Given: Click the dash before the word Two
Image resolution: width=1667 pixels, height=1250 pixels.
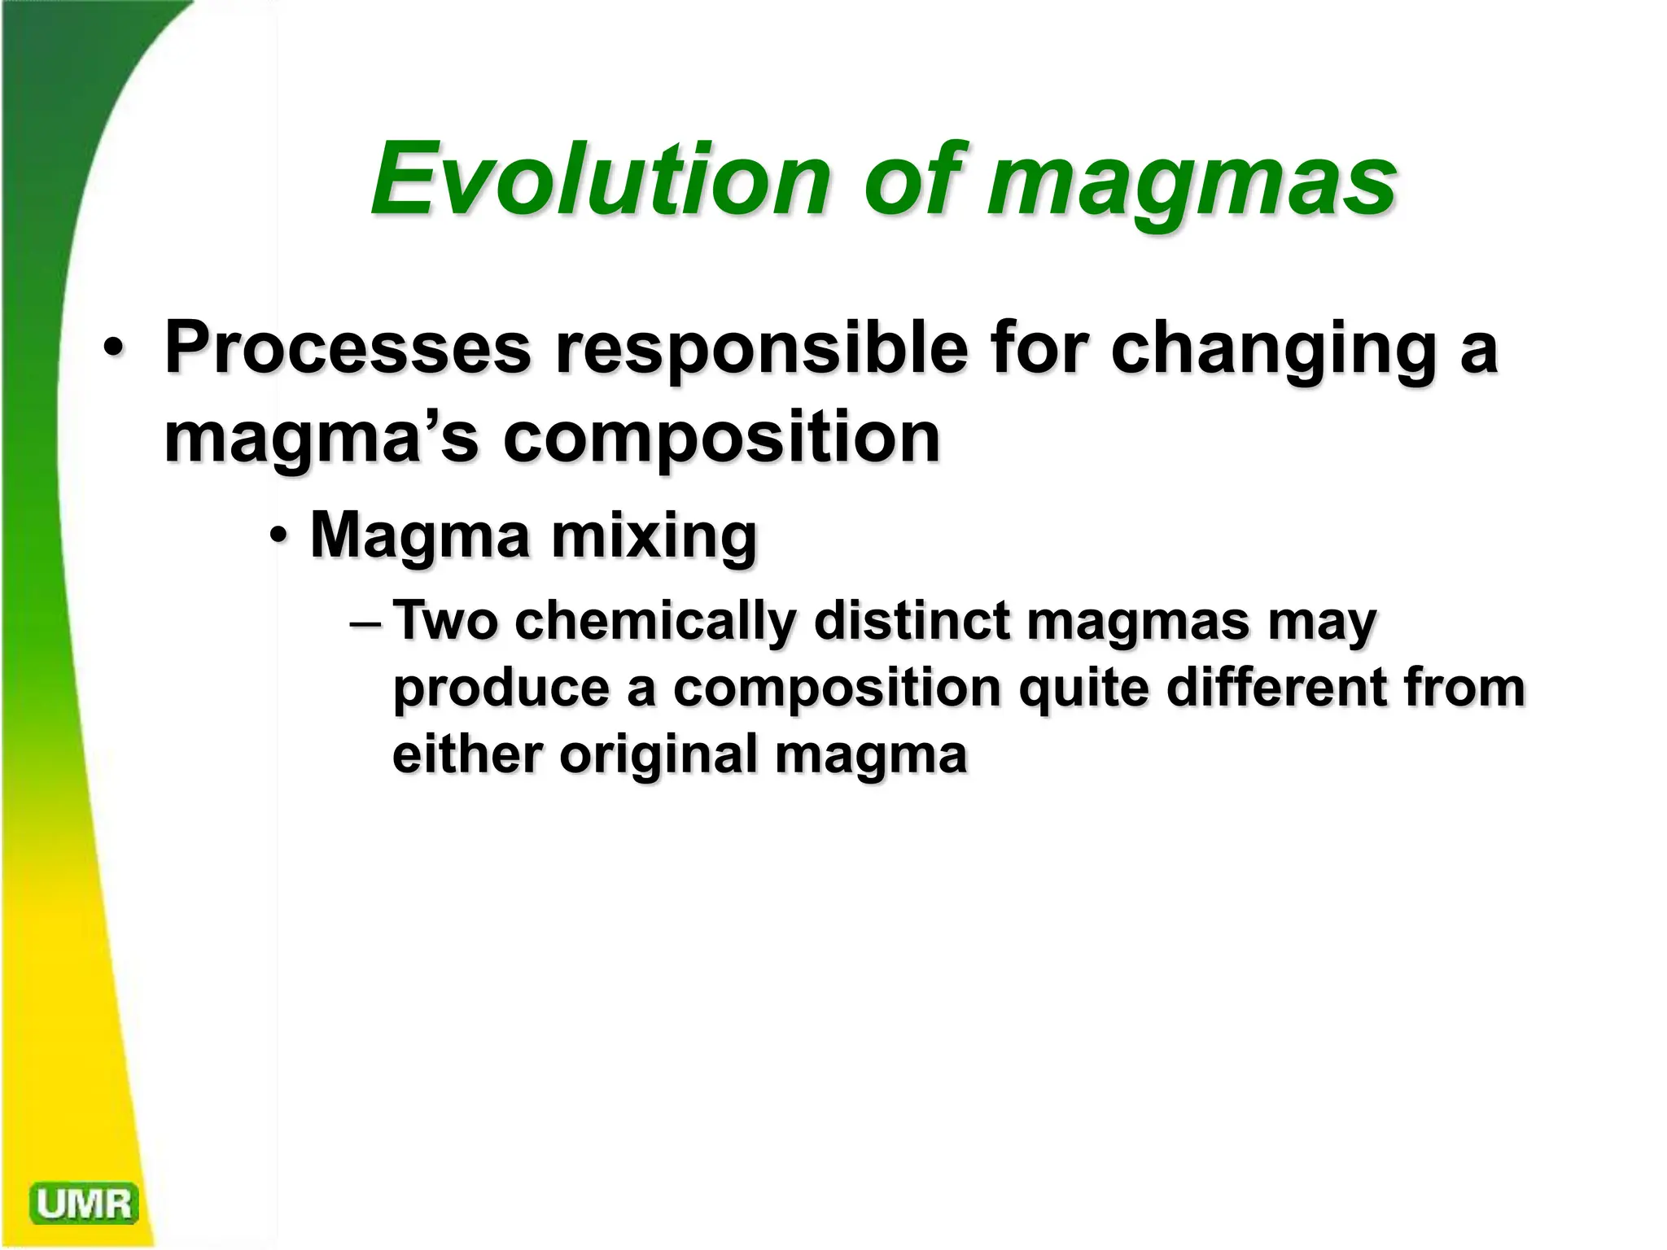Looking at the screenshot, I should point(365,623).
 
